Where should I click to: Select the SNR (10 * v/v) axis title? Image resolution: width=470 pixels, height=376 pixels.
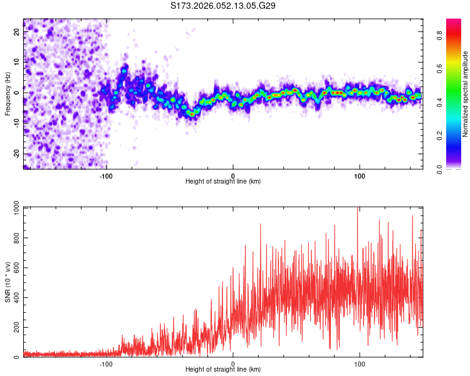pyautogui.click(x=8, y=282)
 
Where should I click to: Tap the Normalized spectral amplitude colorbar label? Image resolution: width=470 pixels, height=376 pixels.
pyautogui.click(x=466, y=94)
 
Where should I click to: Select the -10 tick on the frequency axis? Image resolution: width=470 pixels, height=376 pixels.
pyautogui.click(x=17, y=123)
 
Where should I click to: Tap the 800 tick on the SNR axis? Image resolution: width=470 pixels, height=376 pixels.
pyautogui.click(x=15, y=238)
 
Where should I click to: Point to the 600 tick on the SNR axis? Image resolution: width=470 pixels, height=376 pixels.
pyautogui.click(x=15, y=268)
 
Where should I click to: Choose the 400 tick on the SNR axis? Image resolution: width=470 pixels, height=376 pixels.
pyautogui.click(x=15, y=298)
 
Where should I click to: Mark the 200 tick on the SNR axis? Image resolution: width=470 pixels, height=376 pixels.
pyautogui.click(x=15, y=327)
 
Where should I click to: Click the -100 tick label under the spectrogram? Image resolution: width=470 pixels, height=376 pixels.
pyautogui.click(x=105, y=175)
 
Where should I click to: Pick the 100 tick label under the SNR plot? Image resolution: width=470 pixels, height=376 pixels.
pyautogui.click(x=360, y=363)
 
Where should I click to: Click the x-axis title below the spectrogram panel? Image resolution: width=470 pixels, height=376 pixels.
pyautogui.click(x=223, y=182)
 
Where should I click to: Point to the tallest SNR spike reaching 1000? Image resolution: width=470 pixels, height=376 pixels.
pyautogui.click(x=357, y=209)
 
